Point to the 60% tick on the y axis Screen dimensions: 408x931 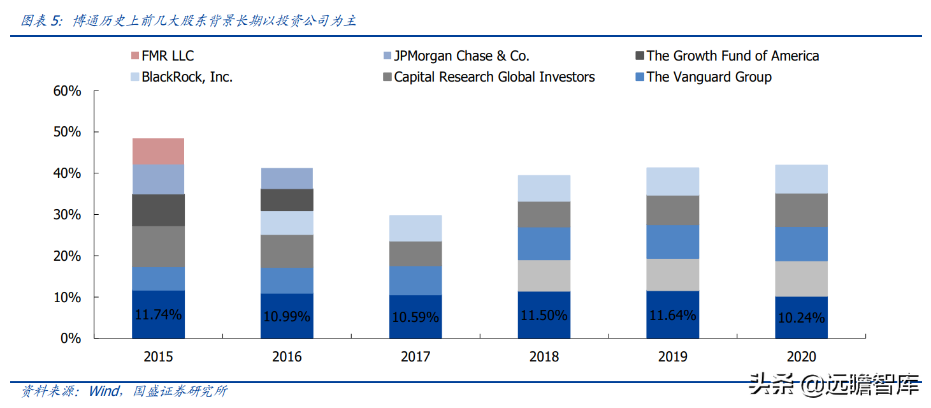tap(67, 91)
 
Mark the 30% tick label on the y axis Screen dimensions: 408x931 tap(67, 215)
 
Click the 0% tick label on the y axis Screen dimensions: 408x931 tap(71, 339)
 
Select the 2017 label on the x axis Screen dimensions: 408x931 tap(415, 357)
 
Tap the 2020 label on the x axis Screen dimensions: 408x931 tap(801, 357)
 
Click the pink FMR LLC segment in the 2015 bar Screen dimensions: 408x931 tap(158, 151)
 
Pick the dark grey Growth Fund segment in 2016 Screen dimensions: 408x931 tap(286, 200)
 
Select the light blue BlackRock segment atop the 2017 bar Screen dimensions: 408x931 tap(415, 228)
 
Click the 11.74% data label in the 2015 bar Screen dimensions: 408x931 tap(158, 314)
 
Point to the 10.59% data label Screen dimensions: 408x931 tap(415, 316)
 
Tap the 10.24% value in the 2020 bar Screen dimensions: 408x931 tap(801, 317)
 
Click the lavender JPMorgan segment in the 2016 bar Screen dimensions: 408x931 tap(286, 178)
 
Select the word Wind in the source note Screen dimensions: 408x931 tap(103, 391)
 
